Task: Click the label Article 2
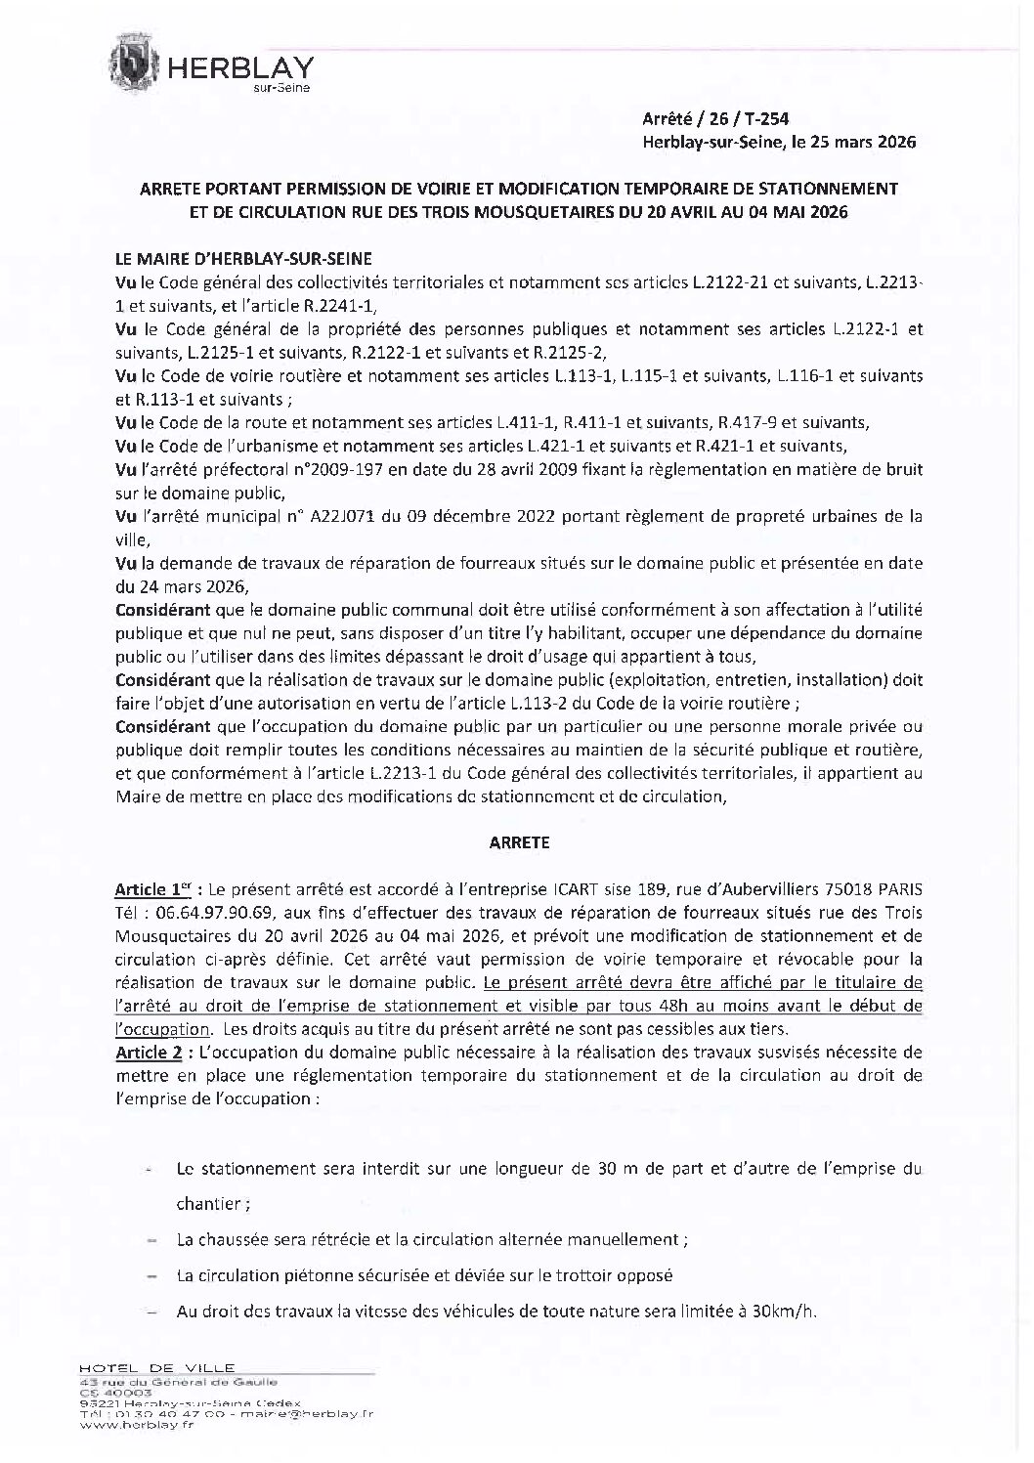point(151,1053)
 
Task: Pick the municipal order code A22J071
point(347,516)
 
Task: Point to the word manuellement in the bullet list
point(631,1239)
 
